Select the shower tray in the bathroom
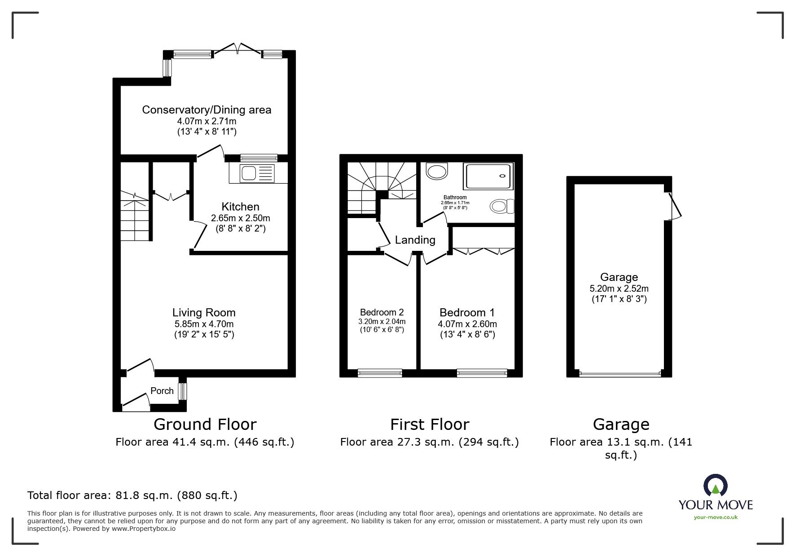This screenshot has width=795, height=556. point(489,175)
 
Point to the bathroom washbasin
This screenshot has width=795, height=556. point(436,171)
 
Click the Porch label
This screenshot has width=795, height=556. point(162,391)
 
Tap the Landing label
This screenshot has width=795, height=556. point(415,240)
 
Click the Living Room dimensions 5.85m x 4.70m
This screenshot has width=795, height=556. point(204,324)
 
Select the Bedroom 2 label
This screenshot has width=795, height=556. point(382,312)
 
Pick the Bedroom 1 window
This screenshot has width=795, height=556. point(482,372)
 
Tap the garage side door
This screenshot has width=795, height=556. point(673,206)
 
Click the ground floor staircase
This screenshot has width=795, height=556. point(135,215)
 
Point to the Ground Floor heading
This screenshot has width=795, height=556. point(205,424)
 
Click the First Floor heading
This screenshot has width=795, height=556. point(430,424)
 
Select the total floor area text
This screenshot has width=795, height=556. point(132,495)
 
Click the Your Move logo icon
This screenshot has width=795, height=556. point(715,486)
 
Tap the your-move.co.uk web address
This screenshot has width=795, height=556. point(716,517)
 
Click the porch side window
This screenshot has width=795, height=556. point(182,391)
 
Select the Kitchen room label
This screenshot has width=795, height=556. point(240,207)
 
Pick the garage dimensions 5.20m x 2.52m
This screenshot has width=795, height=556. point(619,289)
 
